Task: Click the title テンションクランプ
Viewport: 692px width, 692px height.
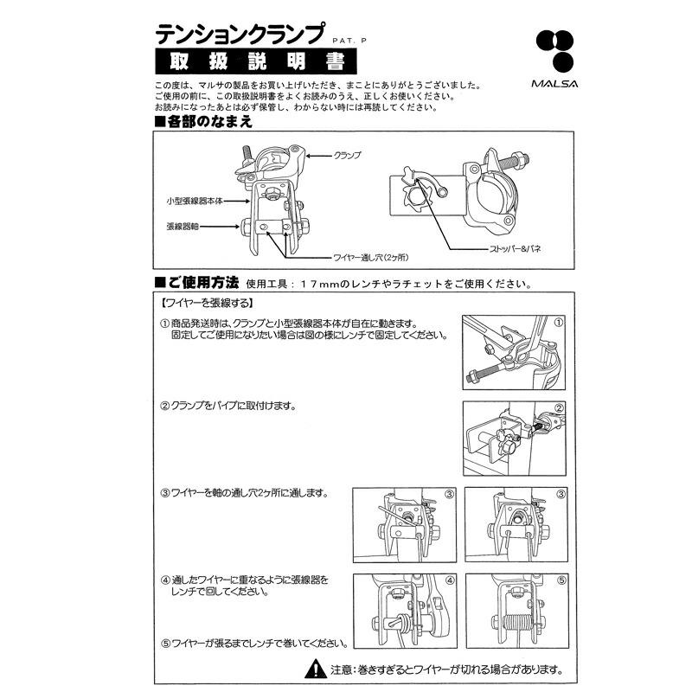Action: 240,34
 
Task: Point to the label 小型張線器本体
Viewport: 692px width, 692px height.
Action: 195,200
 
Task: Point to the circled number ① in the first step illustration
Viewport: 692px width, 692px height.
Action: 559,322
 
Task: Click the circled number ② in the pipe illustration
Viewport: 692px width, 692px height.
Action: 559,409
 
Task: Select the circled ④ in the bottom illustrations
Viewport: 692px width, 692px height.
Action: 449,580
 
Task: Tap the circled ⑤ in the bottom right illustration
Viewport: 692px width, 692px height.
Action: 560,580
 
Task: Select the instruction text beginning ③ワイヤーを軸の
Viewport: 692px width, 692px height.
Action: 243,493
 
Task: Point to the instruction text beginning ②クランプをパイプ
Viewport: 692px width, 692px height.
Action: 228,406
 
